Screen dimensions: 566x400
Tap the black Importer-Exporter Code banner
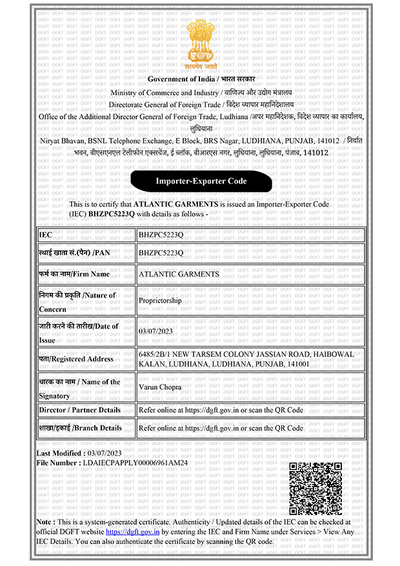(x=201, y=181)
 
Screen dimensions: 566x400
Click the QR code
(x=315, y=489)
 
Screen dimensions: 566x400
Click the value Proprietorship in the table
(x=160, y=301)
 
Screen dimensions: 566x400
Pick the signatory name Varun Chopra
(x=161, y=387)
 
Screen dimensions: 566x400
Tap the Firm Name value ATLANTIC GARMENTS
(x=179, y=274)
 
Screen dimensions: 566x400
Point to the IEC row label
(x=45, y=235)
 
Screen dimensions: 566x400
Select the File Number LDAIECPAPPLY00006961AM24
(x=135, y=463)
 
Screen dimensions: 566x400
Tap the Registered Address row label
(x=75, y=359)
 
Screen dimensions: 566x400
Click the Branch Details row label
(x=80, y=428)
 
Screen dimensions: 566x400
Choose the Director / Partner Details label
(x=79, y=410)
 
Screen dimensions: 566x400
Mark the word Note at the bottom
(x=44, y=521)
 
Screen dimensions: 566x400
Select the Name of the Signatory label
(x=79, y=389)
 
